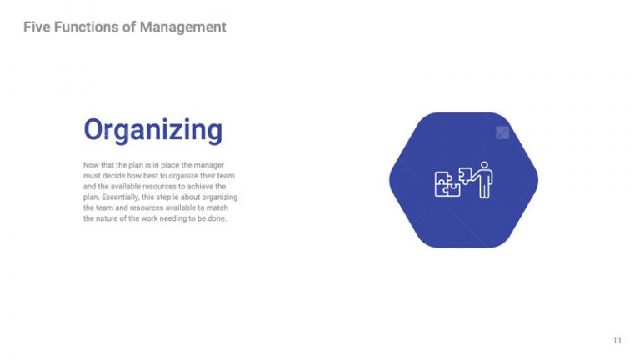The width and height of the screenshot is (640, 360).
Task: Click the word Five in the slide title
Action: pos(36,27)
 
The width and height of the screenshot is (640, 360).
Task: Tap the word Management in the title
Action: pos(182,27)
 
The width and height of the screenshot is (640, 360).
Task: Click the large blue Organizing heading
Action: pos(152,130)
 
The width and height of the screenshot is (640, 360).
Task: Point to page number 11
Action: pos(617,340)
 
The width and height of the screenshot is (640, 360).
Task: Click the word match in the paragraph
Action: pos(227,207)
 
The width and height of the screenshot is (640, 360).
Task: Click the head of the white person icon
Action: pos(484,166)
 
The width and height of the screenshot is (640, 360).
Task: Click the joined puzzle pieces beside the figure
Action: pos(447,184)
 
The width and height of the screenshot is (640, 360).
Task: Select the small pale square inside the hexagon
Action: pos(502,132)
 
